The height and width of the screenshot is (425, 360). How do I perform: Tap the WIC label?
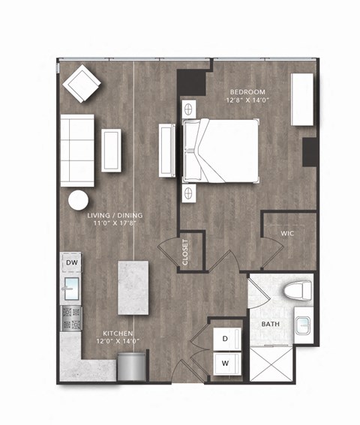pos(289,233)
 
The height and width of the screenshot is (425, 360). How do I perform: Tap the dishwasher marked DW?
pos(72,262)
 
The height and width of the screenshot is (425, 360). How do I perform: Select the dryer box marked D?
pos(224,339)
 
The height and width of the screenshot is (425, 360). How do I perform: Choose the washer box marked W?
pos(224,364)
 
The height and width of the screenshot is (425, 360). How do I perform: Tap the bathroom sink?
pos(304,325)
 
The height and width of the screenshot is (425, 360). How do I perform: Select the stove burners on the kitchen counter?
pos(71,318)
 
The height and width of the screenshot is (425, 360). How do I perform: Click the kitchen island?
pos(134,288)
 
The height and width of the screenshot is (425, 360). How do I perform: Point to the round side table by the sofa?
pos(79,201)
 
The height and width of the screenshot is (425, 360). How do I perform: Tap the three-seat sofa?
pos(76,151)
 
